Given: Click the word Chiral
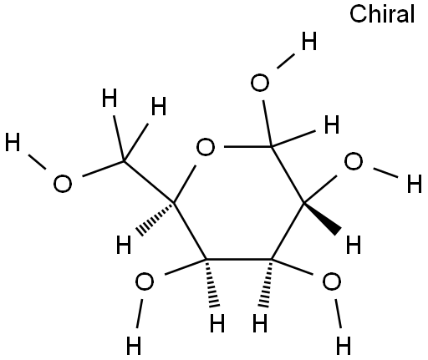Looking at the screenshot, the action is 382,13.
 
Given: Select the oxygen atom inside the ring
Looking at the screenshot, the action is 206,147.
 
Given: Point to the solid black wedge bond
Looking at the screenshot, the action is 323,218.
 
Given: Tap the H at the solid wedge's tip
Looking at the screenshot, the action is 354,245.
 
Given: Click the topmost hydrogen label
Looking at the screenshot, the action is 309,41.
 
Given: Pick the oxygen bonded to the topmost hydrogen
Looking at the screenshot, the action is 260,83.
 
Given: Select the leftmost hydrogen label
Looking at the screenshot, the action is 13,142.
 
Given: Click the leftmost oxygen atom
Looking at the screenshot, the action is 63,184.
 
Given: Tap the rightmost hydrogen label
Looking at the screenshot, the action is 415,184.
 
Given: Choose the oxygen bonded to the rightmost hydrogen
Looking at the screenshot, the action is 354,161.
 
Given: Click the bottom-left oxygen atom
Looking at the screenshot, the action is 144,281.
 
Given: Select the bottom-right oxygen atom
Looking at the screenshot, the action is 331,281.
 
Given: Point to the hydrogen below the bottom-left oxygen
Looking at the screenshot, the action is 134,345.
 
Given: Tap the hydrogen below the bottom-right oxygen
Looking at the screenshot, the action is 344,345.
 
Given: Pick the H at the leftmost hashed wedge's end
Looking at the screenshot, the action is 124,245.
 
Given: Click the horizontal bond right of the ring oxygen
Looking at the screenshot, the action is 248,146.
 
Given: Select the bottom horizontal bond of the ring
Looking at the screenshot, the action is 239,260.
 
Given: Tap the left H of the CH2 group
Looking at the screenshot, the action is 110,98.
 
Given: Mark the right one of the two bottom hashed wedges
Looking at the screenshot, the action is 267,283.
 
